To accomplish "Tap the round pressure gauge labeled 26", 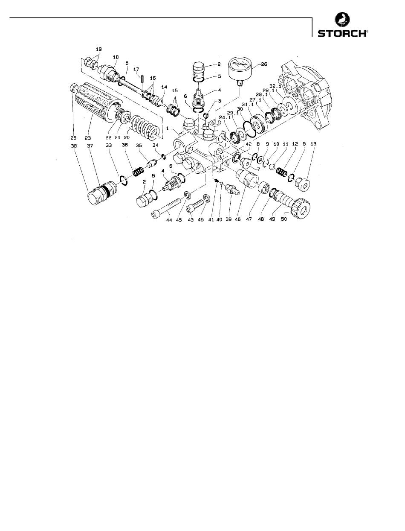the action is point(240,70).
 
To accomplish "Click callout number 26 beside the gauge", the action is point(264,64).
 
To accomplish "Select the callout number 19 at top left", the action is point(99,49).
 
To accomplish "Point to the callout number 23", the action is point(88,138).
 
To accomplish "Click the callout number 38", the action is point(74,146).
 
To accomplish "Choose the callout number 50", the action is point(284,219).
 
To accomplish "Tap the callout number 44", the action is point(169,220).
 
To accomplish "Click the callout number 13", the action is point(313,144).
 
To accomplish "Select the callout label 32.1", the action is point(275,86).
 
